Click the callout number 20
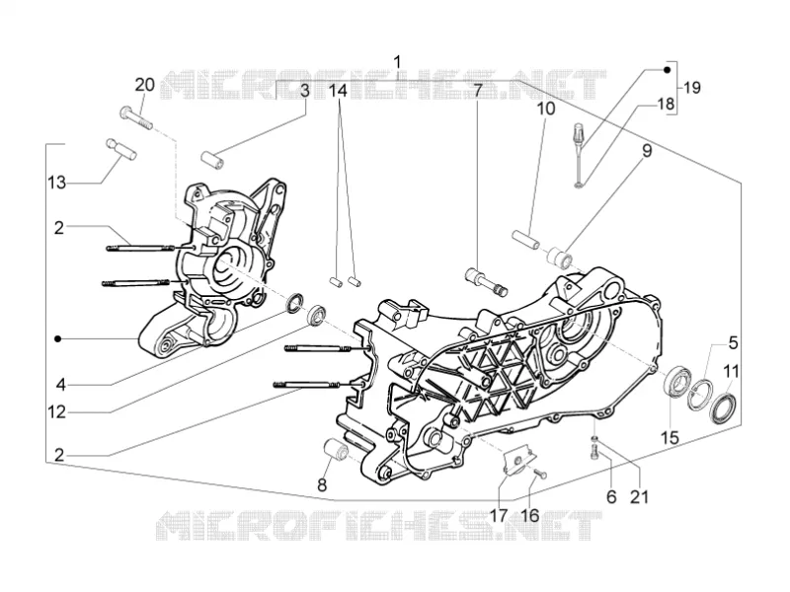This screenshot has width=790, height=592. pos(144,85)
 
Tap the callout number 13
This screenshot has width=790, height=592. pos(57,183)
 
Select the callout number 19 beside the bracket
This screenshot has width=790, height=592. pos(692,88)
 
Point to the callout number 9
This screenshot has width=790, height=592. pos(647,150)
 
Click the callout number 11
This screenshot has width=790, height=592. pos(731,372)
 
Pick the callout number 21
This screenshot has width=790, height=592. pos(639,496)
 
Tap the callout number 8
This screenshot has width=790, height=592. pos(322,484)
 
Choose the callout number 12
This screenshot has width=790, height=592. pos(57,412)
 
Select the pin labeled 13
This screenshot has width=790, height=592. pos(121,149)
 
